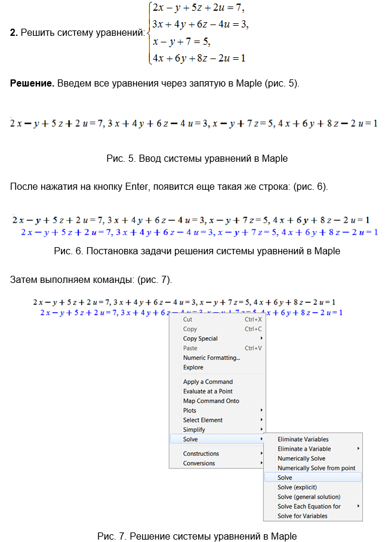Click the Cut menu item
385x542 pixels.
[187, 319]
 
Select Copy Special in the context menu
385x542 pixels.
[200, 338]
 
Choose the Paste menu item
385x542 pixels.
[190, 348]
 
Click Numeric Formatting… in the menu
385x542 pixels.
[211, 358]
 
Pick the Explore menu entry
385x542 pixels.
[193, 367]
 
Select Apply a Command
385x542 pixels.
[208, 381]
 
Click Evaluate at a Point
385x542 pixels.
[208, 391]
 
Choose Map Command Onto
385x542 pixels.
[211, 401]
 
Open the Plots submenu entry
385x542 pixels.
[190, 410]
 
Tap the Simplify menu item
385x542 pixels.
[194, 429]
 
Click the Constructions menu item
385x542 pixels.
[201, 453]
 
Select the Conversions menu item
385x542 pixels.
[199, 463]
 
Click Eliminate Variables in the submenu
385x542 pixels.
[303, 439]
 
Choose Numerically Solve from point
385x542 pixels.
[316, 468]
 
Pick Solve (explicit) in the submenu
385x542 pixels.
[301, 487]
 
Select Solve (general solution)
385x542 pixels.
[309, 497]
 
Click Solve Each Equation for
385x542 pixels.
[309, 506]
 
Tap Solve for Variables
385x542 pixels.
[302, 516]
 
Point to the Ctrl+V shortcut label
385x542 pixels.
[253, 348]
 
